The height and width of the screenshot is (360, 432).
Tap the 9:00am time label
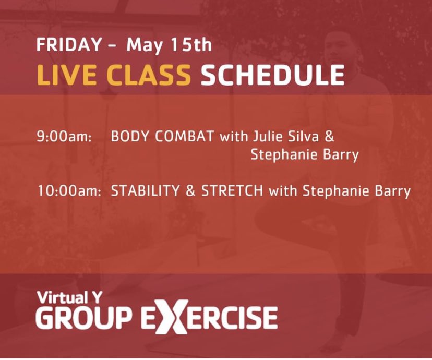[64, 138]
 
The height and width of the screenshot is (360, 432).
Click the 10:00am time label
[69, 191]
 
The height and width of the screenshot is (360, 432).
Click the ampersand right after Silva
[329, 138]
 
